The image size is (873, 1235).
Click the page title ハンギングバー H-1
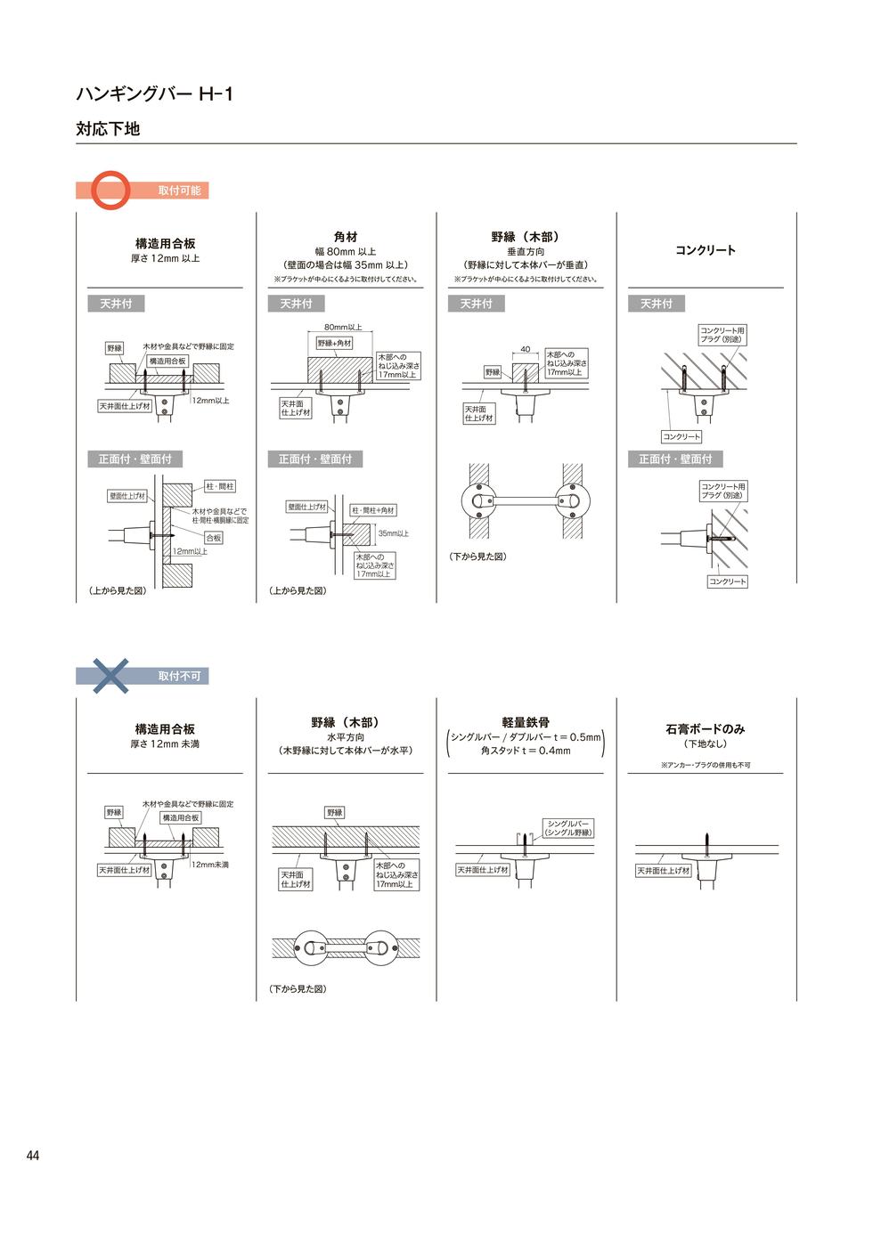pos(154,93)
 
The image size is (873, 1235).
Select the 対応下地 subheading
pos(108,129)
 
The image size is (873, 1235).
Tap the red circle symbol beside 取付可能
pos(111,190)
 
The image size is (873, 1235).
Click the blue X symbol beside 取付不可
pos(110,676)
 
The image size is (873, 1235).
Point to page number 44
pos(33,1156)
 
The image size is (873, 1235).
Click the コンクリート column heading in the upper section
pos(705,250)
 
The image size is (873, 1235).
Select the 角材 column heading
pos(346,237)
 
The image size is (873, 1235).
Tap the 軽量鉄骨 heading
pos(526,722)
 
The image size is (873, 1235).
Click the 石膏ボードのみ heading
pos(705,728)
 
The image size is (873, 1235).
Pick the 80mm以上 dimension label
pos(343,328)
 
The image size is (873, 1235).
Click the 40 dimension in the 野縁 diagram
pos(525,350)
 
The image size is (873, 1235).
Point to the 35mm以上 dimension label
pos(394,533)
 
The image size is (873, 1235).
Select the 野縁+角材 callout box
pos(335,343)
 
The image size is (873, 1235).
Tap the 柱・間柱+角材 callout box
pos(373,510)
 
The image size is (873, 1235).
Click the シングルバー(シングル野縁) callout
pos(567,828)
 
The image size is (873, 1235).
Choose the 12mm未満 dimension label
pos(210,865)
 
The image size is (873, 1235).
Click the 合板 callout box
pos(214,538)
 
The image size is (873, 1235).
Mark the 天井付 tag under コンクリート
pos(657,304)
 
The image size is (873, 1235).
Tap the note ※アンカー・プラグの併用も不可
pos(705,765)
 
